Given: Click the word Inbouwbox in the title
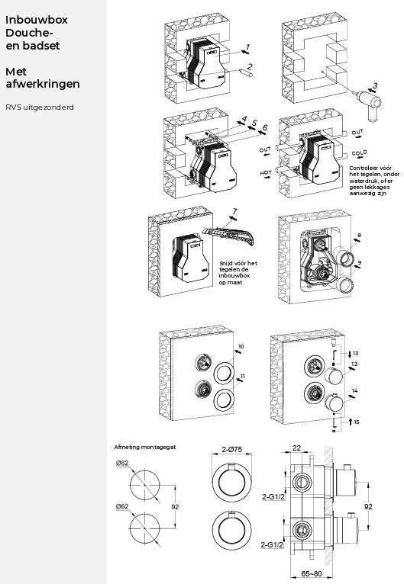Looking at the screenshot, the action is pyautogui.click(x=36, y=20).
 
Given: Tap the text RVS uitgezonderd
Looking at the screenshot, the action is pyautogui.click(x=40, y=107).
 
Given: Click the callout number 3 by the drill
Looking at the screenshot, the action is pyautogui.click(x=375, y=85).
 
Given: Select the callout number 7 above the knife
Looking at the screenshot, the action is pyautogui.click(x=234, y=211).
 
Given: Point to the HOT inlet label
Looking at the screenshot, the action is pyautogui.click(x=266, y=173).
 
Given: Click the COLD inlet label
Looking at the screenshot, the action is pyautogui.click(x=359, y=152).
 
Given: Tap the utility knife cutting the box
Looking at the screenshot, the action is pyautogui.click(x=228, y=235).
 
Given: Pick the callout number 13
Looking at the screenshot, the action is pyautogui.click(x=355, y=354).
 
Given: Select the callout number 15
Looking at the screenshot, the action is pyautogui.click(x=357, y=422).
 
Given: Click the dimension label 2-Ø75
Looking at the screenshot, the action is pyautogui.click(x=231, y=450).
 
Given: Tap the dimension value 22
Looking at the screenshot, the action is pyautogui.click(x=296, y=448).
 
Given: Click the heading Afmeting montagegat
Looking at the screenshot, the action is pyautogui.click(x=145, y=447).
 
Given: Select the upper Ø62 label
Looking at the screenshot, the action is pyautogui.click(x=122, y=463).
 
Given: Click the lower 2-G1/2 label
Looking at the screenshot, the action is pyautogui.click(x=272, y=544).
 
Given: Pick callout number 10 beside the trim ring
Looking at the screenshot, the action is pyautogui.click(x=241, y=346).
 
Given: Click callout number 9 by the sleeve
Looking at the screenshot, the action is pyautogui.click(x=360, y=263).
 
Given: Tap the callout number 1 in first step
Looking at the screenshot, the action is pyautogui.click(x=247, y=47).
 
